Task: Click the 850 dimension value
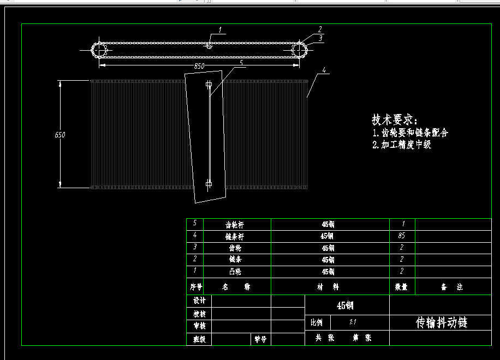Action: (199, 66)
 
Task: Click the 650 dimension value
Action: (60, 134)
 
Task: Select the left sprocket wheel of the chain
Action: (99, 50)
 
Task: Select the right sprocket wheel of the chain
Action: (299, 50)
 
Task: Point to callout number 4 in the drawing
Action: (324, 70)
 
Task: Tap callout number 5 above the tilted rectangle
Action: (241, 63)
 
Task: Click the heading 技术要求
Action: (394, 120)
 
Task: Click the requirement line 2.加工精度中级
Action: (402, 145)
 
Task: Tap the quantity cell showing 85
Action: (402, 236)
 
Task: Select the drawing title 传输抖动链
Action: (442, 322)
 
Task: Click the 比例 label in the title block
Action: (317, 322)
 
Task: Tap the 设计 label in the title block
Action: (199, 301)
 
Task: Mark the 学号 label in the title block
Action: (260, 339)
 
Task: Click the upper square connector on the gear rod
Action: (209, 85)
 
